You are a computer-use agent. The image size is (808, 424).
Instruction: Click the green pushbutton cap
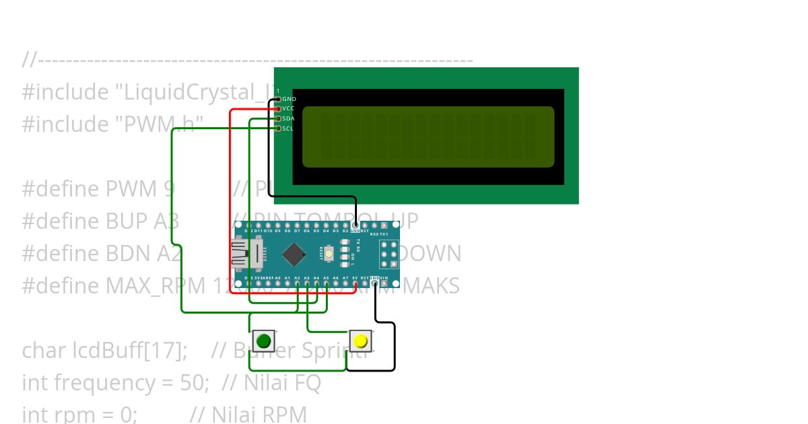click(264, 340)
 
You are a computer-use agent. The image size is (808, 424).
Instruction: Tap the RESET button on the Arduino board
click(329, 254)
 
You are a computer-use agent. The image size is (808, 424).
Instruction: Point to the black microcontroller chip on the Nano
click(294, 254)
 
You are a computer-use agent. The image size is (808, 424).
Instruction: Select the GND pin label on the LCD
click(289, 99)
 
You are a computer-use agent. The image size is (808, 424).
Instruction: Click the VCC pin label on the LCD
click(289, 108)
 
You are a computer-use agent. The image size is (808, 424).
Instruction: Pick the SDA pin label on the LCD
click(289, 118)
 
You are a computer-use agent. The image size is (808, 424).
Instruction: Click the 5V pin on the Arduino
click(355, 277)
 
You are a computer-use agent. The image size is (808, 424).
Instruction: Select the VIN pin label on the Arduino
click(384, 277)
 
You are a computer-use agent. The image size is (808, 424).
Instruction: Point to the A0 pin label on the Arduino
click(277, 277)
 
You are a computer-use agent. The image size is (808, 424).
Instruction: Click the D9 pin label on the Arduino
click(277, 231)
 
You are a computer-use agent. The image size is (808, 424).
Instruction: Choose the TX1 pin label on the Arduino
click(384, 234)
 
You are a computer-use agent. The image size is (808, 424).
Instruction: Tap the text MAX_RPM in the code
click(147, 286)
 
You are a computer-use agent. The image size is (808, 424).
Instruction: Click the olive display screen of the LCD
click(428, 137)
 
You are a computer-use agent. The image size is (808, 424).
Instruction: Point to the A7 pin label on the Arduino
click(345, 277)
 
